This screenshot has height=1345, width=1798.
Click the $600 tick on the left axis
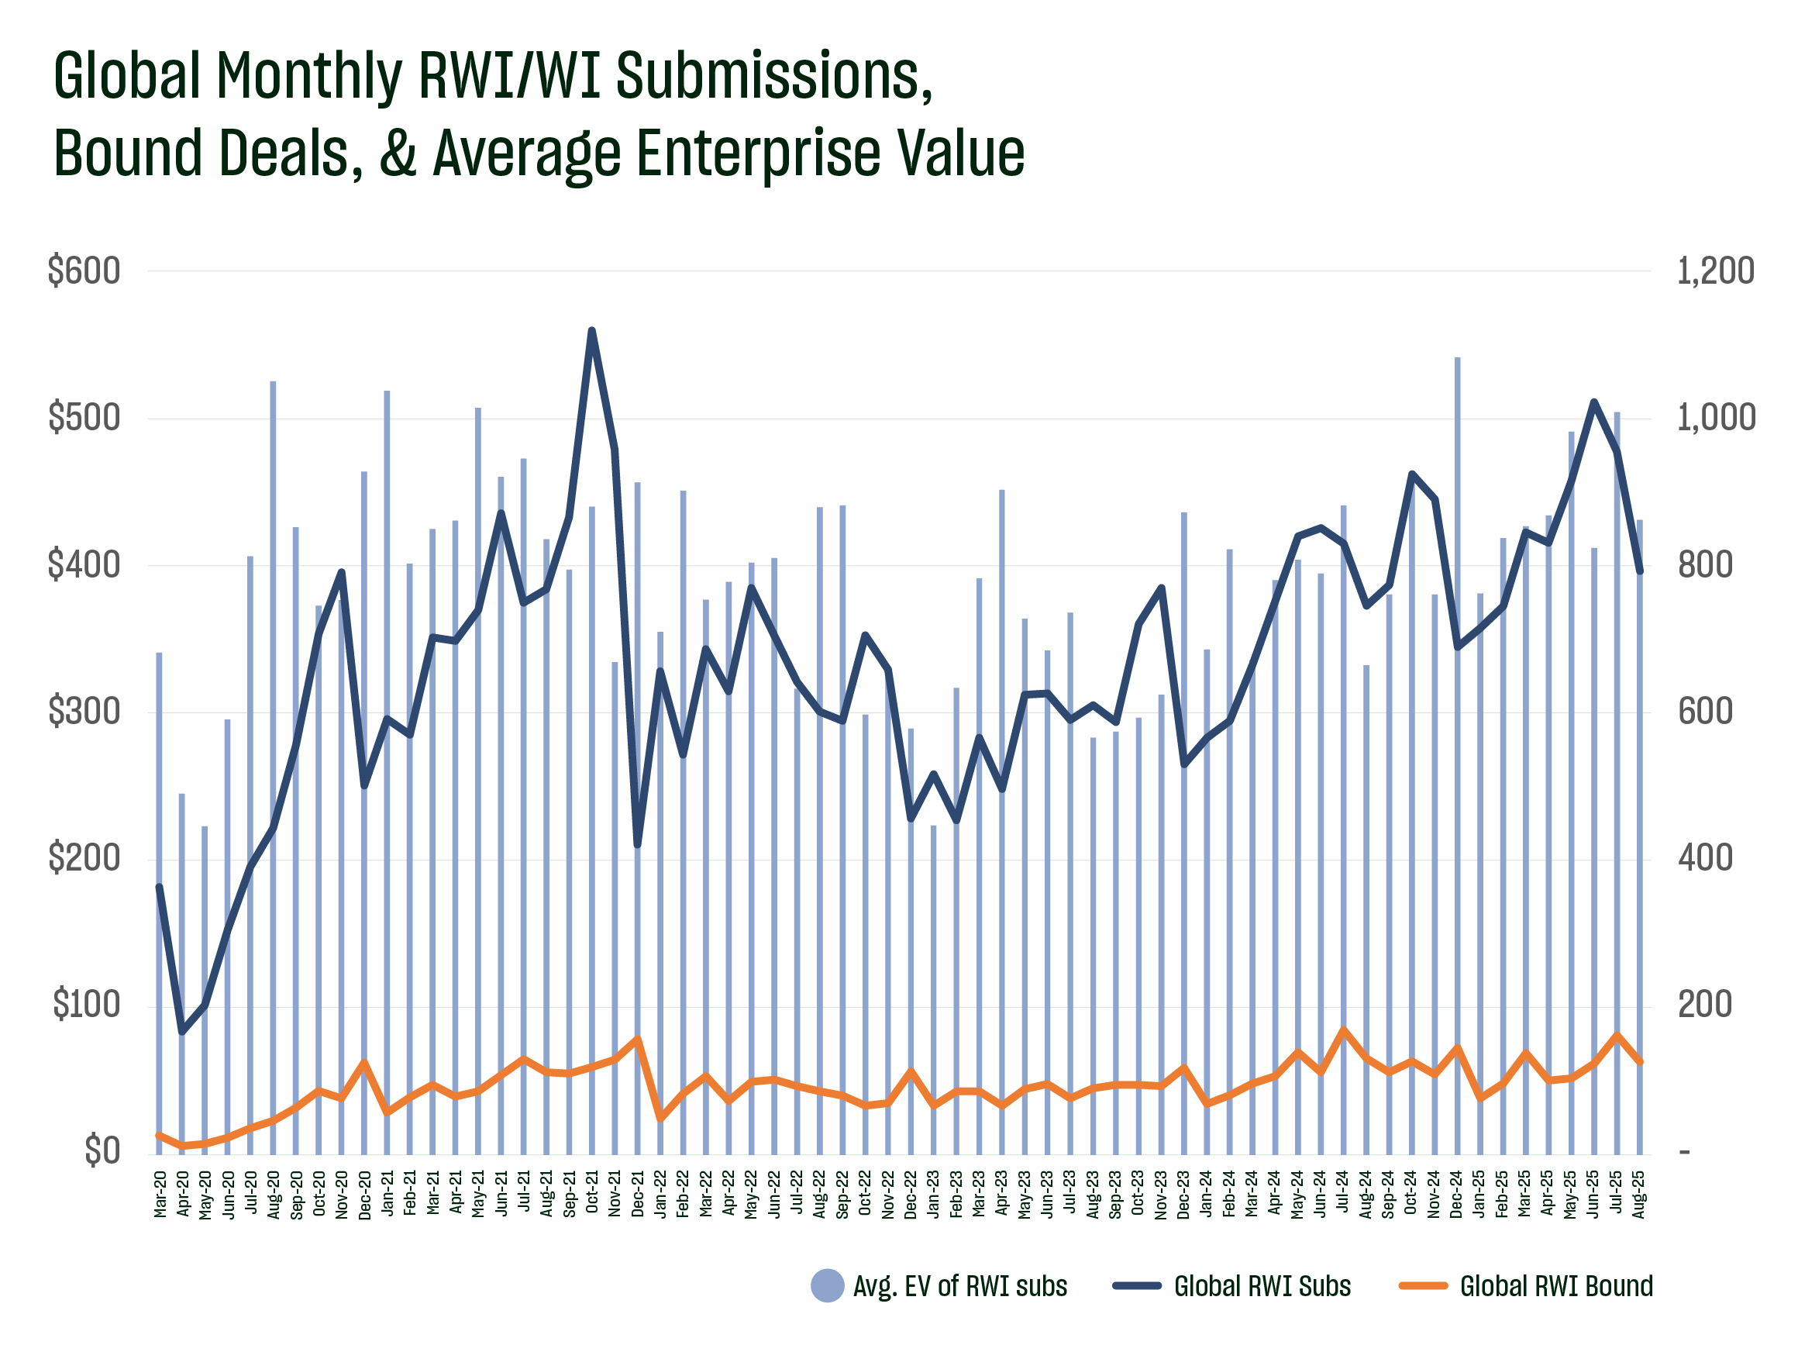(84, 271)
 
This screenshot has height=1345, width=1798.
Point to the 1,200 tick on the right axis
(1715, 271)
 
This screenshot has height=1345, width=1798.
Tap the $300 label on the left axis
(84, 712)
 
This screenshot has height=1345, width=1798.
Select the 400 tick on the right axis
(1704, 859)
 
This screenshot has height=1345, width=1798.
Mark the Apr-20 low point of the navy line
(182, 1033)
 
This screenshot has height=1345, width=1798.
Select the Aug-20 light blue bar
(273, 732)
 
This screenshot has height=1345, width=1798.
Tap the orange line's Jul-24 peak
(1344, 1029)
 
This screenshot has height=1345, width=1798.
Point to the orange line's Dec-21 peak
(638, 1039)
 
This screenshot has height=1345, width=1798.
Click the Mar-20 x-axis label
(160, 1195)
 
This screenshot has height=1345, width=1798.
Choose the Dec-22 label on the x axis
(911, 1195)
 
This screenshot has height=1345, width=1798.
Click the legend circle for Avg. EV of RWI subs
(828, 1285)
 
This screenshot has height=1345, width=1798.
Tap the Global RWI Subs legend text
(1262, 1286)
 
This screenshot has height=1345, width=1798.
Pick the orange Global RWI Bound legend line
(1423, 1285)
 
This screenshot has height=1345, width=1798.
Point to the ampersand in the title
(398, 153)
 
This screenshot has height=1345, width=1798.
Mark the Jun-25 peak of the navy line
(1594, 402)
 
